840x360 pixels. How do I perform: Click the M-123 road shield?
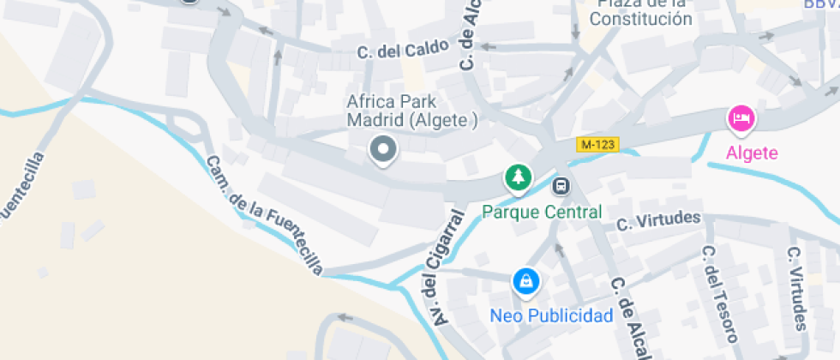pyautogui.click(x=597, y=145)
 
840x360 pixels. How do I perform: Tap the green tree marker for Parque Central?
pyautogui.click(x=518, y=178)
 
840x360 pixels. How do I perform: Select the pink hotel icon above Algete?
pyautogui.click(x=741, y=118)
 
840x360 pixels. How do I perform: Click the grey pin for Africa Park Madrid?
pyautogui.click(x=383, y=150)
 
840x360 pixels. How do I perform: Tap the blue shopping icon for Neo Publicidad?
pyautogui.click(x=525, y=281)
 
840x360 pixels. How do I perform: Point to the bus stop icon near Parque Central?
pyautogui.click(x=561, y=185)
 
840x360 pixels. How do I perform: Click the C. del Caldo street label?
pyautogui.click(x=403, y=51)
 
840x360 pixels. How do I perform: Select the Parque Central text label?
pyautogui.click(x=542, y=212)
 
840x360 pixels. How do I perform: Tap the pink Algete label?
pyautogui.click(x=752, y=153)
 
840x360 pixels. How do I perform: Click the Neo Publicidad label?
pyautogui.click(x=551, y=315)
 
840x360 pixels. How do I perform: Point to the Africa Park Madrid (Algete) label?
pyautogui.click(x=412, y=111)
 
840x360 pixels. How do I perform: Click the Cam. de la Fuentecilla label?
pyautogui.click(x=264, y=215)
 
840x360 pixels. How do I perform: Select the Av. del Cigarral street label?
pyautogui.click(x=443, y=269)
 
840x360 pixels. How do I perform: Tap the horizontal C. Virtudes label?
pyautogui.click(x=658, y=221)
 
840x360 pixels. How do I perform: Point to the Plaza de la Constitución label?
pyautogui.click(x=641, y=12)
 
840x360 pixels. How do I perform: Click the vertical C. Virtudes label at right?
pyautogui.click(x=797, y=289)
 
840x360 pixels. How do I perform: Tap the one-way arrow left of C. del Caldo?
pyautogui.click(x=266, y=33)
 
